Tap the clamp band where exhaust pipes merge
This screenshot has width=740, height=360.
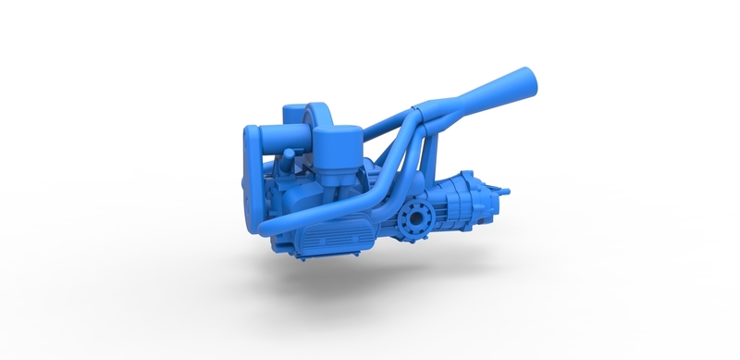[415, 113]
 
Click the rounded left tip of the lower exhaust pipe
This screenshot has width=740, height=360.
[263, 227]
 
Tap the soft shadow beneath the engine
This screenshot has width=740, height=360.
[370, 278]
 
